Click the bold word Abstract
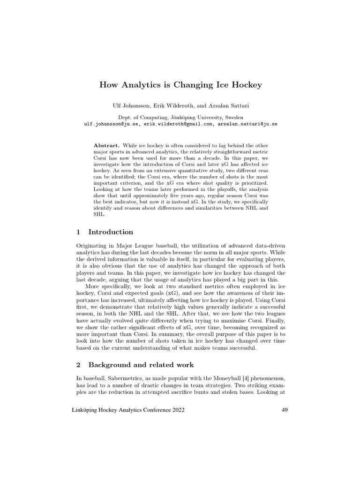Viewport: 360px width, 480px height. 106,146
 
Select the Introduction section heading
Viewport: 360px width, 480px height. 111,232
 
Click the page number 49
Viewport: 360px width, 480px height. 284,410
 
